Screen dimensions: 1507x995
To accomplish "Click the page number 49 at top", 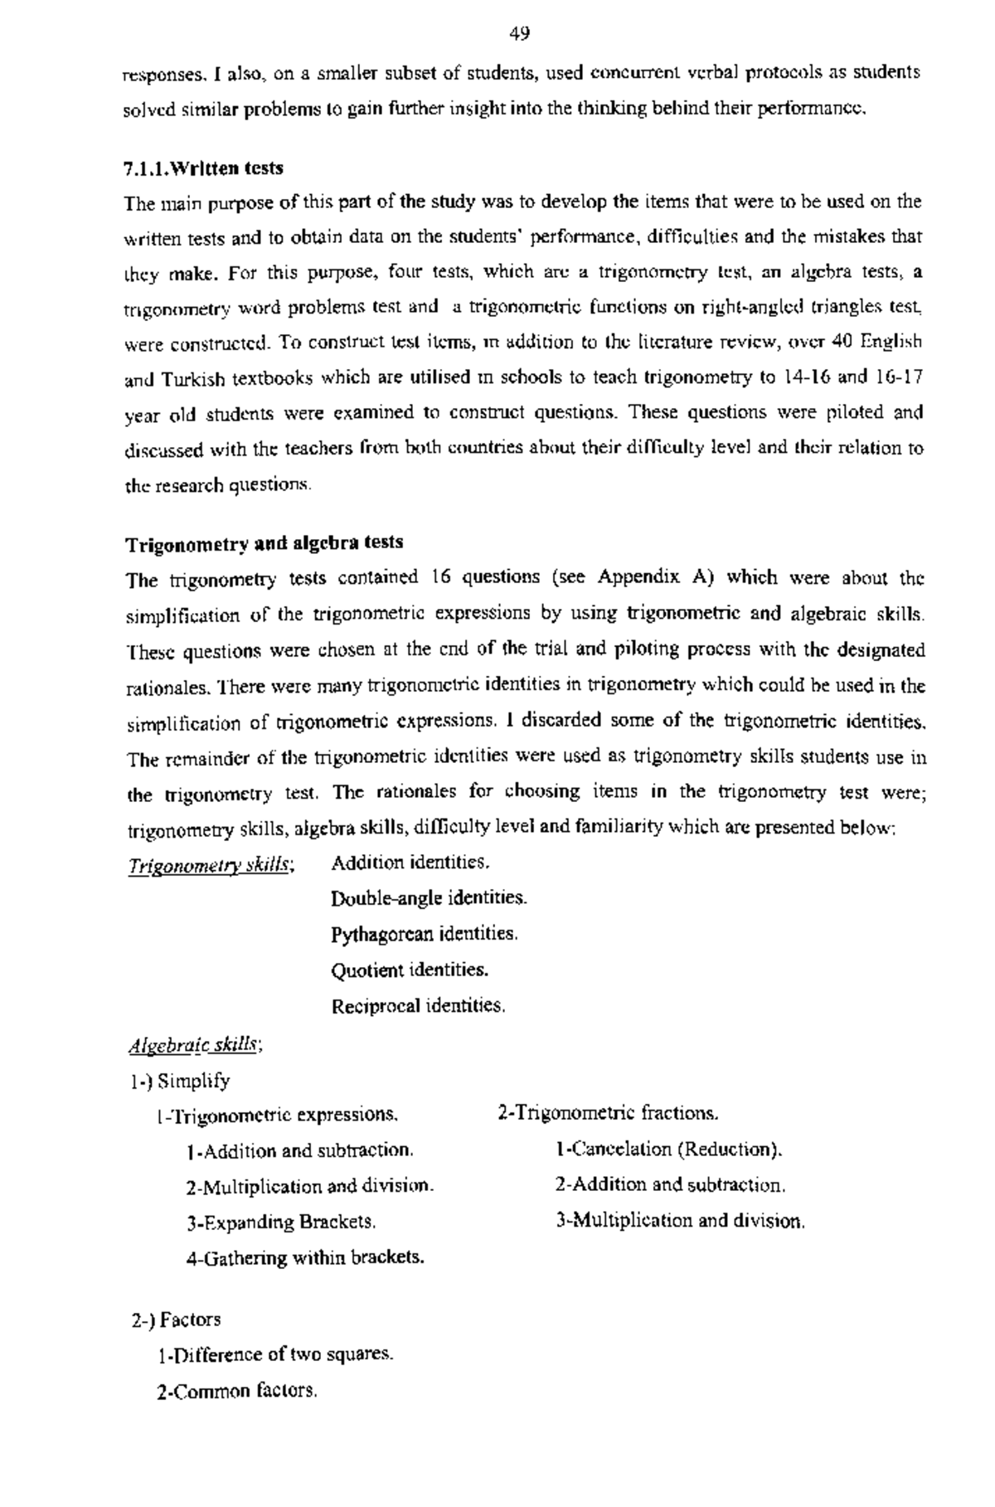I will [x=520, y=33].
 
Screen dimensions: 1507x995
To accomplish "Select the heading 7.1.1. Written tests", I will [x=203, y=168].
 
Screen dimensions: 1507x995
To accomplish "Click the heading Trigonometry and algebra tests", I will [x=265, y=543].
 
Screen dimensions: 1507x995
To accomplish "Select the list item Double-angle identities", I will [x=429, y=898].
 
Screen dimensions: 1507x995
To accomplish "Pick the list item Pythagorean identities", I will [x=425, y=935].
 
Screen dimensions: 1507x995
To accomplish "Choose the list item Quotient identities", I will [x=410, y=970].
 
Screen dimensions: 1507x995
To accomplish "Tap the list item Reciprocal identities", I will [x=418, y=1007].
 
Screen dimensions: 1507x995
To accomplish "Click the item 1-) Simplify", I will [x=180, y=1082].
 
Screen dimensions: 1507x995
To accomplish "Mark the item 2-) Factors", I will [x=177, y=1319].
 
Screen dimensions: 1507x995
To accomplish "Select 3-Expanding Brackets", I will [x=281, y=1223].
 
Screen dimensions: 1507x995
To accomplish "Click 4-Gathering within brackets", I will [x=305, y=1258].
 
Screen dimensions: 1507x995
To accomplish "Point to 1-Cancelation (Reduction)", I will [x=668, y=1150].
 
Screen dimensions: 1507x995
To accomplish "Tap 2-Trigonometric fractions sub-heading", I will [x=608, y=1113].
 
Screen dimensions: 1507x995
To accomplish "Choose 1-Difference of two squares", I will [x=274, y=1354].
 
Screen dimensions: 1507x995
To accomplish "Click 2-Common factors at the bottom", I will [x=236, y=1391].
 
